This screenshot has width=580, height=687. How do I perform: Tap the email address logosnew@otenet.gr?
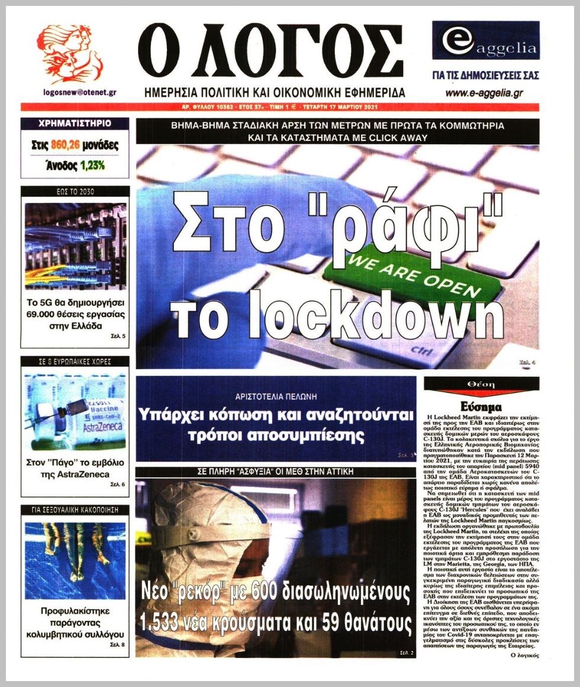79,93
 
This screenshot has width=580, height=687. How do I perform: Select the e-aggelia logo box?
485,41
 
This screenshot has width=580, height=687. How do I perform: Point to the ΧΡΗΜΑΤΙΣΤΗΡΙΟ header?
75,124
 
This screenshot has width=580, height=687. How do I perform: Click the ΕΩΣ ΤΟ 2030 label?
75,191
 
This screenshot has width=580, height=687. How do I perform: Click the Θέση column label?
481,384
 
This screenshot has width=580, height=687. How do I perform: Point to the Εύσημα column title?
481,407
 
